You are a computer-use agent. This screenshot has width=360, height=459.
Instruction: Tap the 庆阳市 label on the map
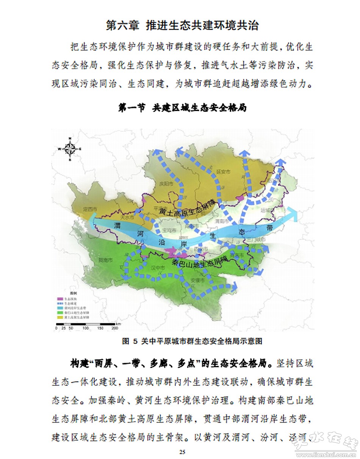coord(166,183)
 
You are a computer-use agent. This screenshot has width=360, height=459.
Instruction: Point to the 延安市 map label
coord(223,171)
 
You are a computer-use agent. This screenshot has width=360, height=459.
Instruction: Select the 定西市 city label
coord(90,209)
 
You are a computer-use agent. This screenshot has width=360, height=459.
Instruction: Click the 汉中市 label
coord(157,268)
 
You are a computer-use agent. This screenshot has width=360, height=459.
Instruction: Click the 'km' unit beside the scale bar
coord(119,324)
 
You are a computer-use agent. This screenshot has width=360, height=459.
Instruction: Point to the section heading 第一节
coord(132,108)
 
